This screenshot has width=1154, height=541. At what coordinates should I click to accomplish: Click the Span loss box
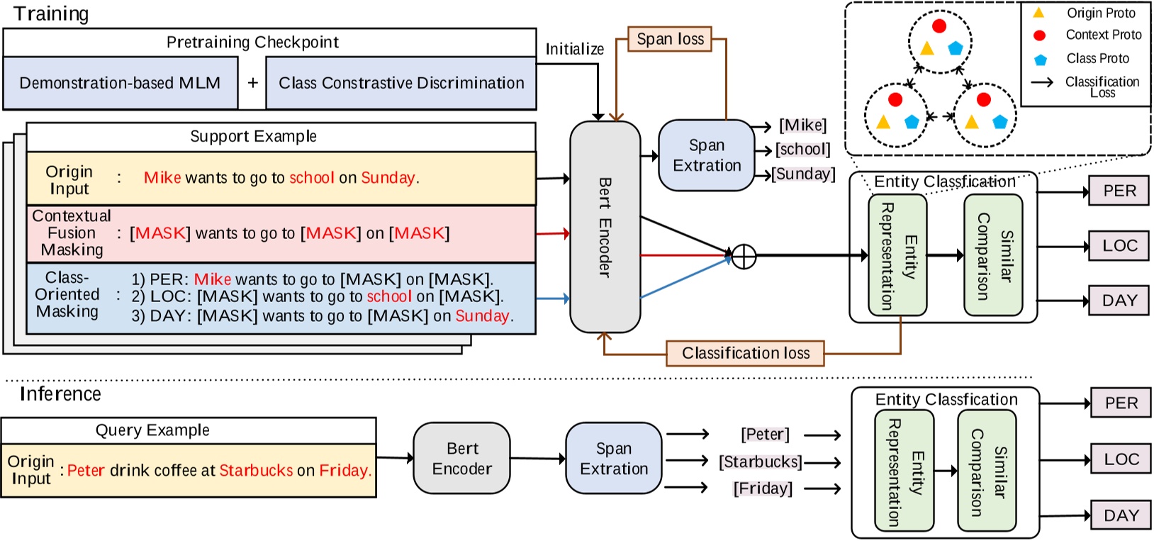click(x=670, y=39)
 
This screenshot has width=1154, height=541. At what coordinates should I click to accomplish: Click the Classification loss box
click(x=745, y=353)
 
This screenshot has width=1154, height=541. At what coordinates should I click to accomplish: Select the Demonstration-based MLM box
click(x=120, y=83)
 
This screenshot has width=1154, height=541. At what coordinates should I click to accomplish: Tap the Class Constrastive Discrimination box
click(x=401, y=83)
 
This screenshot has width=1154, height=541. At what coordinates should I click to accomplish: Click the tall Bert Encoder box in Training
click(x=605, y=227)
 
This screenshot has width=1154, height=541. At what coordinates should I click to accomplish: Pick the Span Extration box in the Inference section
click(x=613, y=459)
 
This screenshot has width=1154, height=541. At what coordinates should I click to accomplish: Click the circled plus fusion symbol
click(x=744, y=256)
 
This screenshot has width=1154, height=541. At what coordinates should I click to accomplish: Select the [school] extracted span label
click(x=802, y=150)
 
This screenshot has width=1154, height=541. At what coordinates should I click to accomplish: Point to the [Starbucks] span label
click(x=761, y=462)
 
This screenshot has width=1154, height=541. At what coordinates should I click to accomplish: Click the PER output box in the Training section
click(x=1119, y=191)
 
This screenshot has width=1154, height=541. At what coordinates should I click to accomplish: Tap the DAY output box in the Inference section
click(x=1121, y=515)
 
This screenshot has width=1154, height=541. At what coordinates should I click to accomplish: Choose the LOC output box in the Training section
click(x=1119, y=246)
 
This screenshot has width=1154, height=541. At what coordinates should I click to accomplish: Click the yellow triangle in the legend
click(x=1038, y=13)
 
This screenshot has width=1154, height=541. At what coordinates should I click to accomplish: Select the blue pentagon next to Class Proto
click(x=1040, y=60)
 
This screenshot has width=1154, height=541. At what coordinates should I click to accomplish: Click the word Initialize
click(x=574, y=49)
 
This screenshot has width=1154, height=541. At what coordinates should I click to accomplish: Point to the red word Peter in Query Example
click(x=86, y=470)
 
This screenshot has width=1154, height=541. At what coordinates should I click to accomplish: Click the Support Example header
click(x=253, y=136)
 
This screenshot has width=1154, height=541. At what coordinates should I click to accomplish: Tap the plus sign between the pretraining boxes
click(x=252, y=83)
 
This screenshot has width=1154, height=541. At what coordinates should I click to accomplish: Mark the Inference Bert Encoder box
click(x=461, y=459)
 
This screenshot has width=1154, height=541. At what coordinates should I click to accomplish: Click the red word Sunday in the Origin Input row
click(x=388, y=178)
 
